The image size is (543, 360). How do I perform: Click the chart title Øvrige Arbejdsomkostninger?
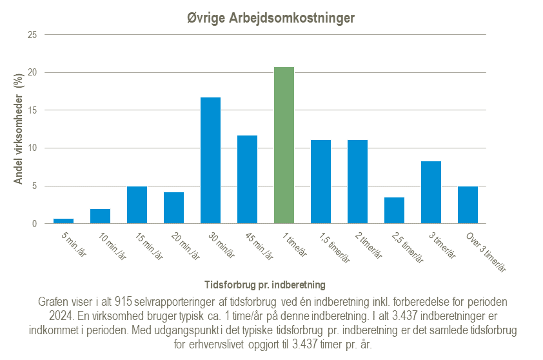pyautogui.click(x=271, y=18)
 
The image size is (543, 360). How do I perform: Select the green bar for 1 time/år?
pyautogui.click(x=284, y=145)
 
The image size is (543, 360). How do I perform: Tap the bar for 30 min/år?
pyautogui.click(x=210, y=161)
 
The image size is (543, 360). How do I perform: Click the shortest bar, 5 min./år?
pyautogui.click(x=63, y=221)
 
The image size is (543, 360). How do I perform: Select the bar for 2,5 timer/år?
pyautogui.click(x=394, y=210)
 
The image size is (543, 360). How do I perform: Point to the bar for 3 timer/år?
pyautogui.click(x=431, y=192)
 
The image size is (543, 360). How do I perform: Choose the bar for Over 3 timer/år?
pyautogui.click(x=468, y=205)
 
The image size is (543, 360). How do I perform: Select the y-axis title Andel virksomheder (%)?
pyautogui.click(x=19, y=129)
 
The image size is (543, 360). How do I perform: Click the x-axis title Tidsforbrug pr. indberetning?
pyautogui.click(x=264, y=284)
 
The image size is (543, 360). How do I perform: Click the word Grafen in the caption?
pyautogui.click(x=54, y=302)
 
